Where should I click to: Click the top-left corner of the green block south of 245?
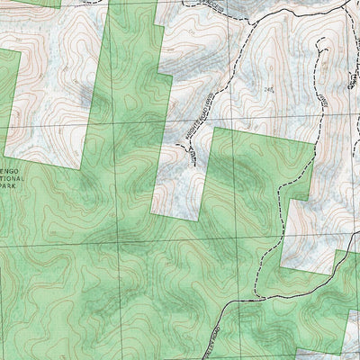click(x=211, y=130)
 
